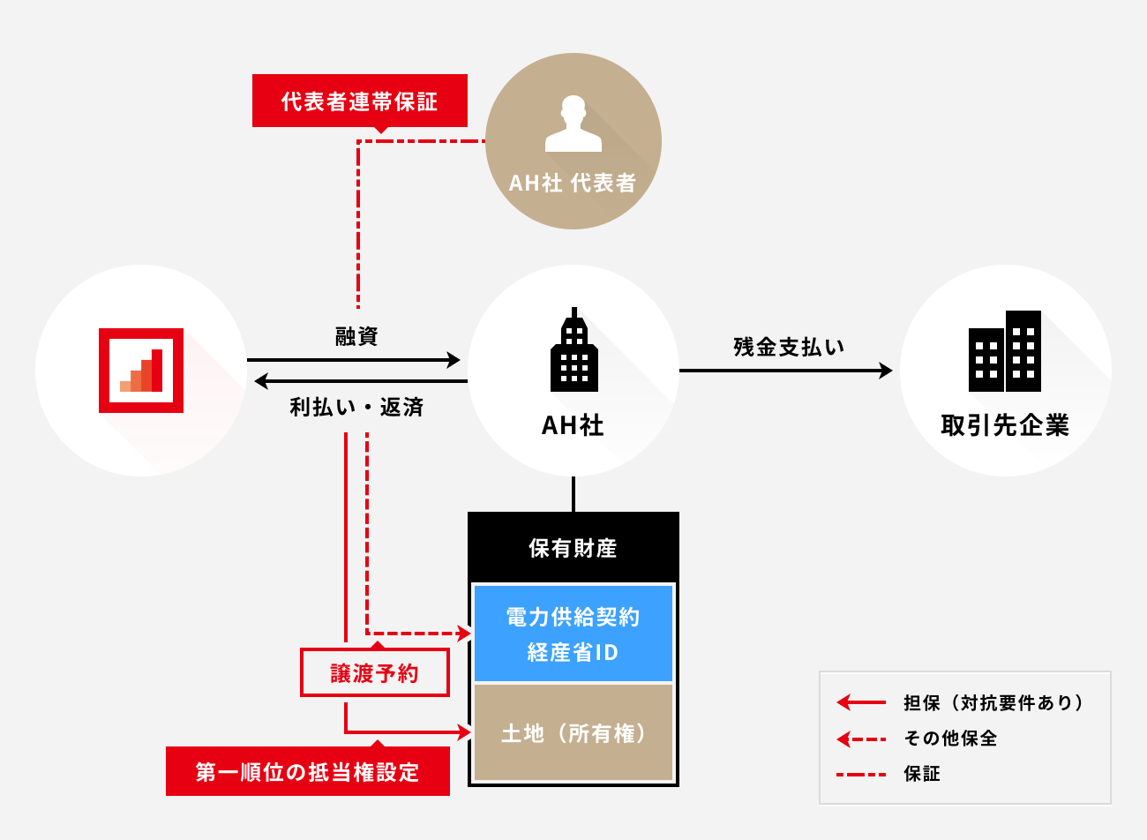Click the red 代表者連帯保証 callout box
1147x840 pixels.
pyautogui.click(x=359, y=101)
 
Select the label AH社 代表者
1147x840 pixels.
pyautogui.click(x=573, y=183)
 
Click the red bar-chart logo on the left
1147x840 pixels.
pyautogui.click(x=141, y=371)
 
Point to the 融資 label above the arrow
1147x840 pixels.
pyautogui.click(x=356, y=336)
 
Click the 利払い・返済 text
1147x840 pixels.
pyautogui.click(x=356, y=407)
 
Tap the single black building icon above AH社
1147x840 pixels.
pyautogui.click(x=573, y=351)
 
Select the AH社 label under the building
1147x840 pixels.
pyautogui.click(x=573, y=425)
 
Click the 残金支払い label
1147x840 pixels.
pyautogui.click(x=789, y=347)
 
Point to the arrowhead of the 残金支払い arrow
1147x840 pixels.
pyautogui.click(x=886, y=371)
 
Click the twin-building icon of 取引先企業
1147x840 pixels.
pyautogui.click(x=1004, y=351)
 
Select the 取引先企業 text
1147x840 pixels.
pyautogui.click(x=1005, y=425)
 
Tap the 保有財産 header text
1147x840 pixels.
pyautogui.click(x=573, y=548)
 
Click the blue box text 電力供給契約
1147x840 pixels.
pyautogui.click(x=573, y=617)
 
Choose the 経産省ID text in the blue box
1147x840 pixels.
pyautogui.click(x=573, y=652)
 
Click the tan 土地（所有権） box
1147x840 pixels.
pyautogui.click(x=573, y=733)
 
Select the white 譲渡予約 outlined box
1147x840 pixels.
pyautogui.click(x=374, y=673)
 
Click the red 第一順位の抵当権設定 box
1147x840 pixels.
pyautogui.click(x=307, y=772)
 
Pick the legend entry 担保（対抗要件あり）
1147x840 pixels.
pyautogui.click(x=993, y=702)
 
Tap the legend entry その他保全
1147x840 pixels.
pyautogui.click(x=950, y=739)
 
